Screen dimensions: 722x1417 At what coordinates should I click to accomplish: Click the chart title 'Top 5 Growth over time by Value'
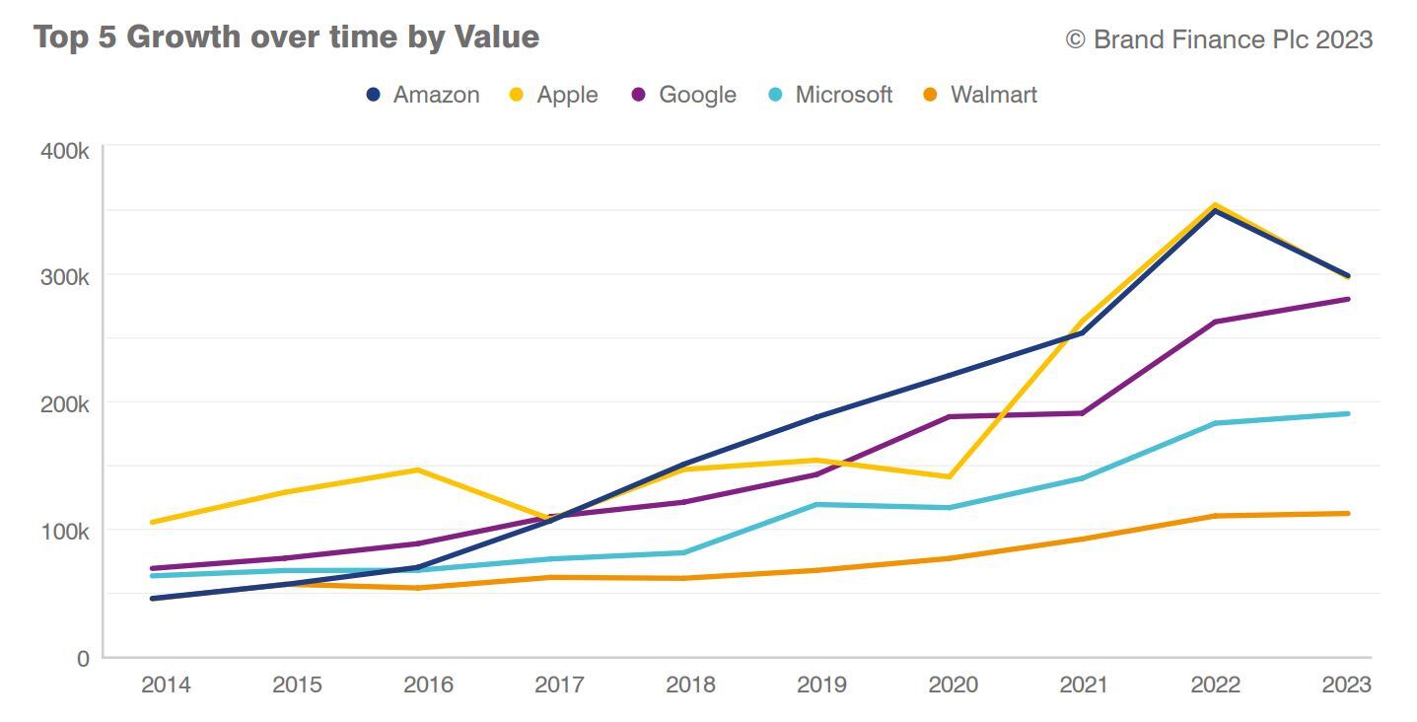point(286,37)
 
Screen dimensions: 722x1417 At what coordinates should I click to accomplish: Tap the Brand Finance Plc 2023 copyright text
point(1219,39)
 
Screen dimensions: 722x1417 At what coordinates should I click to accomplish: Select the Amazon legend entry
point(423,95)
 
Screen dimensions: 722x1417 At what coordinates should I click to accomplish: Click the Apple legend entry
point(553,95)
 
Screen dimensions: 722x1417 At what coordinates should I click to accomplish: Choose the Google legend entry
point(683,95)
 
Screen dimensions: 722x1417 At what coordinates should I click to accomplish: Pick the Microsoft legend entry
point(830,95)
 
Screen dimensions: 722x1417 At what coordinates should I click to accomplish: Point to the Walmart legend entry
point(980,95)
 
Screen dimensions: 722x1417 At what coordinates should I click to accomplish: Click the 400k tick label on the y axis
point(65,151)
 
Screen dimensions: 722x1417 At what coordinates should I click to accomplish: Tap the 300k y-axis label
point(65,277)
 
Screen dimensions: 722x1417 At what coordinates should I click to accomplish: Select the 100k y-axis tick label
point(65,532)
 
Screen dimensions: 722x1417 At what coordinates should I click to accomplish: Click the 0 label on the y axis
point(83,658)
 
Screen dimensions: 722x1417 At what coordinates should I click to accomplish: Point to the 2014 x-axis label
point(166,685)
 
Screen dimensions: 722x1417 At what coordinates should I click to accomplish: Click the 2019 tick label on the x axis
point(821,685)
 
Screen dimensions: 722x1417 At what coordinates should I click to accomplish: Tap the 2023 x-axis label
point(1346,685)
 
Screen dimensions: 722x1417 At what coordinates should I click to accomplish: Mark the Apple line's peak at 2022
point(1216,205)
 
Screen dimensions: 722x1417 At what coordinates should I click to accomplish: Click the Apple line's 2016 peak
point(418,469)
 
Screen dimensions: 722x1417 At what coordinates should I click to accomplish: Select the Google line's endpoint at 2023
point(1347,299)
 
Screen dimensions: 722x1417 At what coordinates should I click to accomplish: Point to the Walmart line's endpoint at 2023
point(1347,513)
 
